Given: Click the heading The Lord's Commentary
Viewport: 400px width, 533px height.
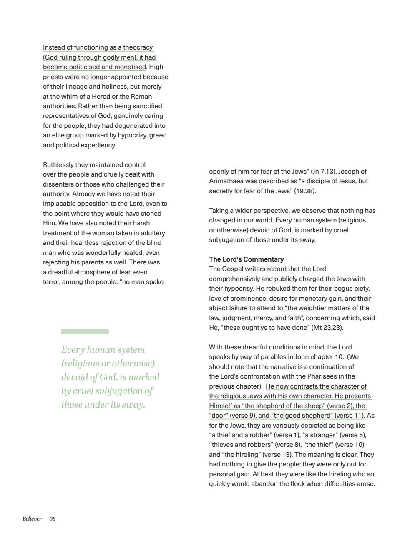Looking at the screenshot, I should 246,259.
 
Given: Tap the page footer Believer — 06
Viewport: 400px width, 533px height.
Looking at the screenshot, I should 39,518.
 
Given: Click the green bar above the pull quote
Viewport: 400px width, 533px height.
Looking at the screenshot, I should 85,331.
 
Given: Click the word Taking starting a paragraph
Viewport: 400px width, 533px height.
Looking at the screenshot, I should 219,211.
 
